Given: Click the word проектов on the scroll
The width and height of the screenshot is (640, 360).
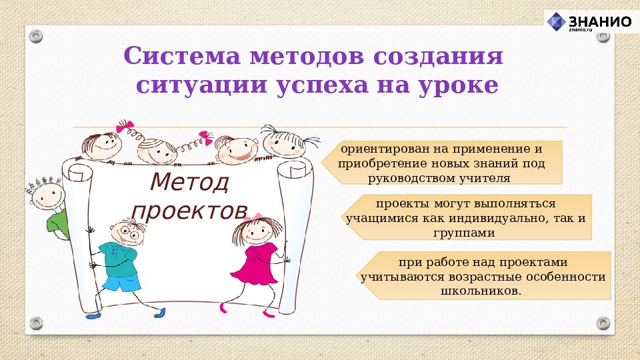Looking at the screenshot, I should pos(189,210).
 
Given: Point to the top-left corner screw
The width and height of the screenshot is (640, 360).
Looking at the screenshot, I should pos(36,35).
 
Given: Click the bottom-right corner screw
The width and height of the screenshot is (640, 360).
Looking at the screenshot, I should pos(603,323).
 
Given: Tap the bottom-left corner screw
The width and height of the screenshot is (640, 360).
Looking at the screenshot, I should pos(36,323).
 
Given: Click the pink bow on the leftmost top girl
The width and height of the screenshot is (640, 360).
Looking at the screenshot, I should pos(125,126).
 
